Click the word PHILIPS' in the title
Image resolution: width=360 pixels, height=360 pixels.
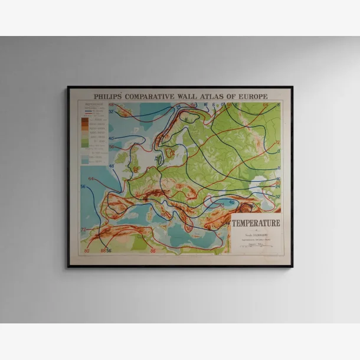coord(107,96)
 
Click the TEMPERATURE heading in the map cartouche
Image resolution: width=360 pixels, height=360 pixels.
coord(256,223)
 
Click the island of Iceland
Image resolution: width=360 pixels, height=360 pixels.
coord(125,110)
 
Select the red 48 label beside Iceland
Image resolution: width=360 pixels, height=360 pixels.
coord(111,104)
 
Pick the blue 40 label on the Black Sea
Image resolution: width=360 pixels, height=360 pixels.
coord(232,202)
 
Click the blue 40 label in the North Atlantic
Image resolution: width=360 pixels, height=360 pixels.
coord(112,139)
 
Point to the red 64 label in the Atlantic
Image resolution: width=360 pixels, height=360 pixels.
coord(91,178)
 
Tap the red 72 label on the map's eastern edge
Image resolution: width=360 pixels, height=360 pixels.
coord(277,142)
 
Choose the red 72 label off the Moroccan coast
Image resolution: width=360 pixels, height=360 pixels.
coord(83,229)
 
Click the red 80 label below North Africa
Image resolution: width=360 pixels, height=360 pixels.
coord(87,250)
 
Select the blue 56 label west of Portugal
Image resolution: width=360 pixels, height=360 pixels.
coord(83,187)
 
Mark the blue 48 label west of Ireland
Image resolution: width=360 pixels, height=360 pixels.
coord(111,166)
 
